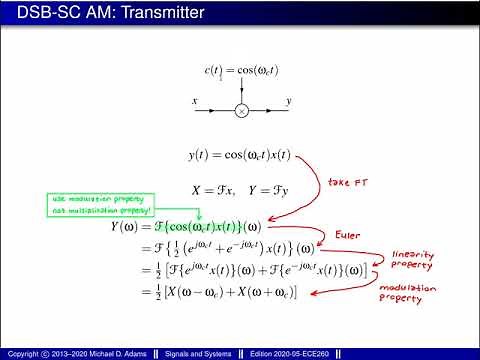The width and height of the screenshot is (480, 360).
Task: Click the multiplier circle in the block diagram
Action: [x=240, y=111]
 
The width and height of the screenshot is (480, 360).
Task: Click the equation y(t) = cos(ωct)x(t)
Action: [x=239, y=156]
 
